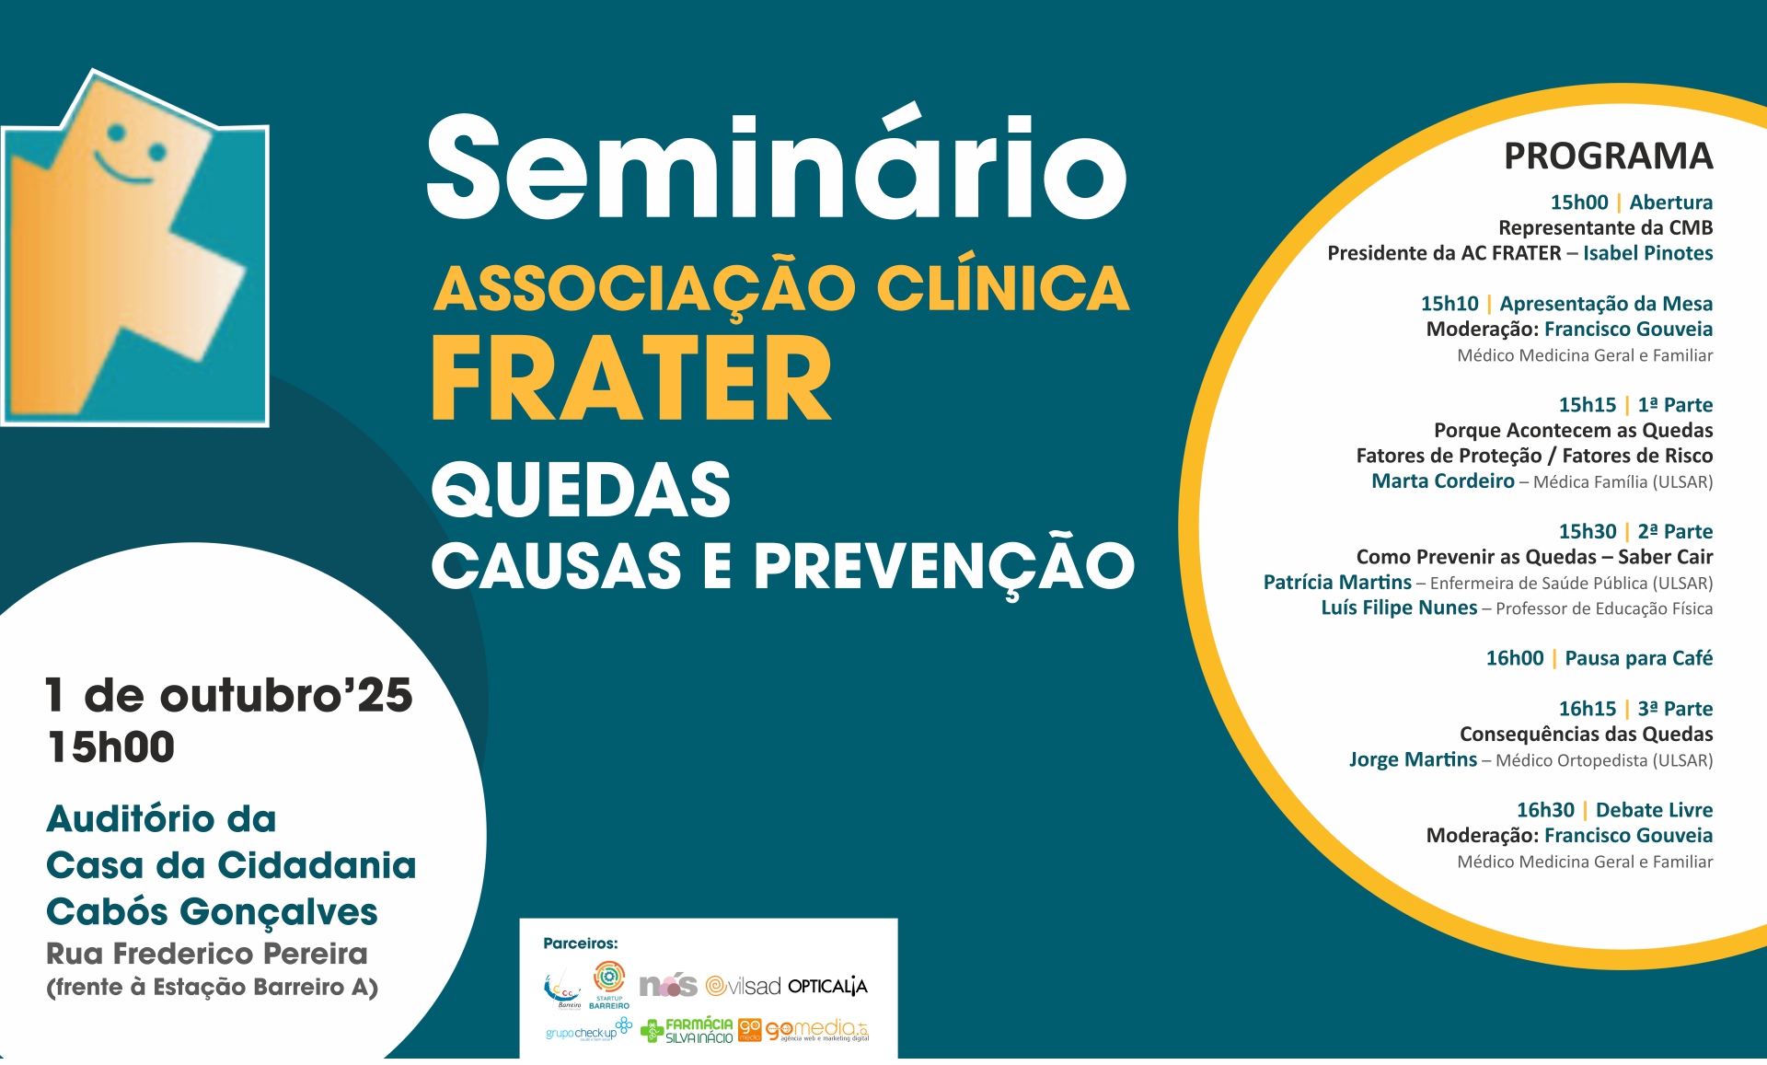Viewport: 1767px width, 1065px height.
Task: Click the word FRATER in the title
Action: tap(631, 377)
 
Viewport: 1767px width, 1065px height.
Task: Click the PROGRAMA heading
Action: tap(1608, 156)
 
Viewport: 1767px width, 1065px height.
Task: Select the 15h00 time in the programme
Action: tap(1578, 203)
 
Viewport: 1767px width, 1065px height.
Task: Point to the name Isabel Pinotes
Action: tap(1647, 253)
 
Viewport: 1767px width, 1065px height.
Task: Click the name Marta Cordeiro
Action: tap(1442, 480)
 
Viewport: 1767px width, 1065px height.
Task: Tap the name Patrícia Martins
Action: tap(1336, 582)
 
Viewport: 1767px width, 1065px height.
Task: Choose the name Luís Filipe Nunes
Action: tap(1398, 608)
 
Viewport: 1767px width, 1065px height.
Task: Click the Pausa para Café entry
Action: tap(1638, 658)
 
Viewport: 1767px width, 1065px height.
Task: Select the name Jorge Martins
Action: tap(1412, 759)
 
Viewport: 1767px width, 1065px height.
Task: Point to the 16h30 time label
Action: tap(1545, 810)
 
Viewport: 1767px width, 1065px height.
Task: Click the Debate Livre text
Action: tap(1654, 810)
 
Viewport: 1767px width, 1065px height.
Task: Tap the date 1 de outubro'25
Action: tap(229, 695)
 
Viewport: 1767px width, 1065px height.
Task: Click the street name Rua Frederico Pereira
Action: tap(207, 954)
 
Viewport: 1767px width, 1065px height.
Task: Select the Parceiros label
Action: tap(580, 943)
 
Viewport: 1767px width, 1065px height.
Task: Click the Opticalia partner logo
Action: tap(827, 987)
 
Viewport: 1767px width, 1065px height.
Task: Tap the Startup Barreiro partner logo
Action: tap(609, 984)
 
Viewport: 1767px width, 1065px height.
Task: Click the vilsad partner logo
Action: tap(744, 987)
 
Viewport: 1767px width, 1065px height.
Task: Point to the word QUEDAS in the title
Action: tap(581, 490)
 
